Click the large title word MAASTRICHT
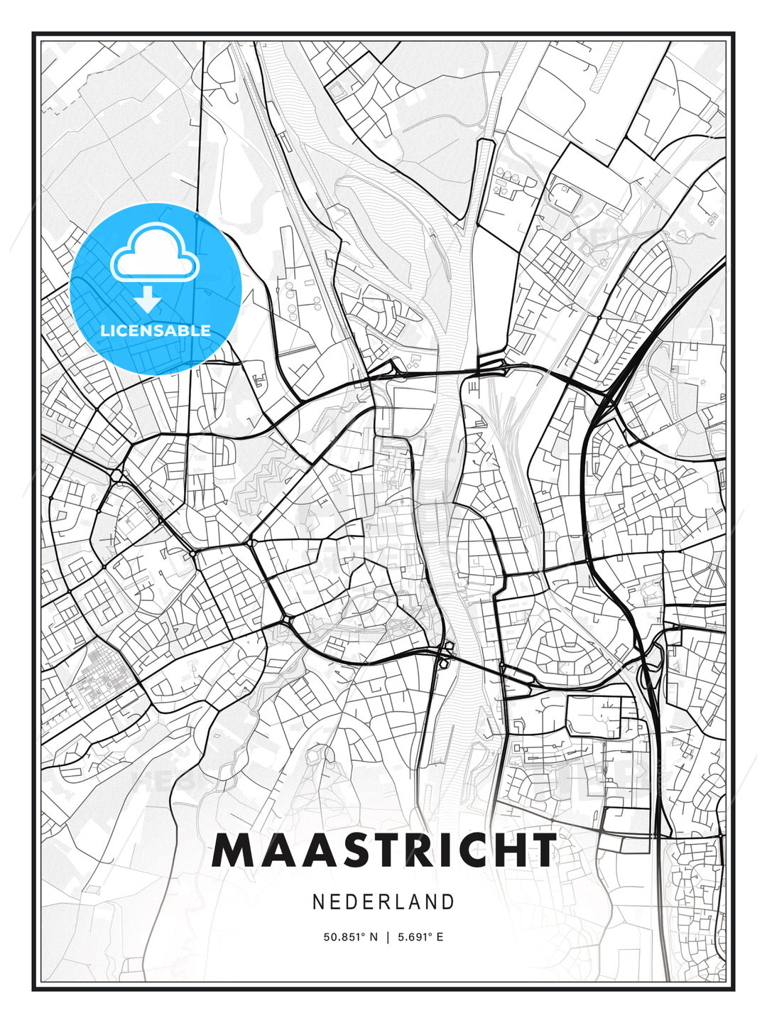(383, 850)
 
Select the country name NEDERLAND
(383, 902)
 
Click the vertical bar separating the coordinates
(387, 937)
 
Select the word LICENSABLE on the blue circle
(156, 330)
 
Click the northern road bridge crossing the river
(455, 370)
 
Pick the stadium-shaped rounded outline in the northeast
(565, 195)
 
